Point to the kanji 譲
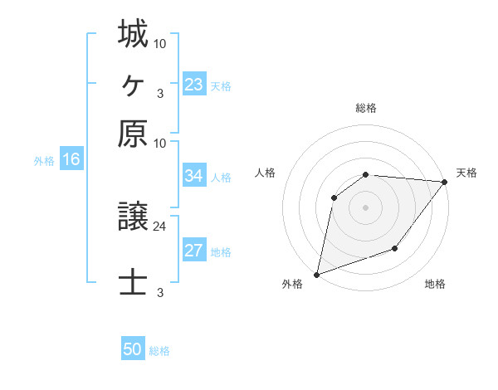pos(133,218)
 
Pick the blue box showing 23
pos(194,85)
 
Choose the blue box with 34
pos(194,176)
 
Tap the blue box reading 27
pos(194,251)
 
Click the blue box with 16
pos(71,160)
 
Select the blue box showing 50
pos(133,349)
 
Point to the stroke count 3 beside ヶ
pos(159,93)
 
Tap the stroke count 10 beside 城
pos(160,43)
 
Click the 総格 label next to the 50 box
pos(159,351)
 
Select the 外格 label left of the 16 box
pos(43,161)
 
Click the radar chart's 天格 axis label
pos(466,173)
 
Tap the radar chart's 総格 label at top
pos(365,108)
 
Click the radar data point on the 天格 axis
pos(446,182)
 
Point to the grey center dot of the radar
pos(365,207)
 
